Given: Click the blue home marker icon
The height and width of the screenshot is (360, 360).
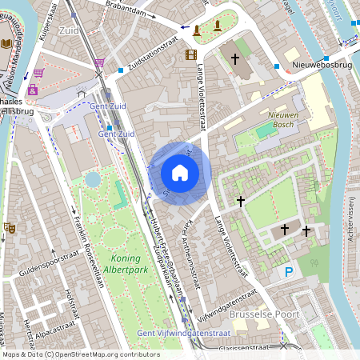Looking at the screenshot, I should pos(180,172).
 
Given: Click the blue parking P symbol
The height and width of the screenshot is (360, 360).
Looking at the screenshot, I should pos(289,273).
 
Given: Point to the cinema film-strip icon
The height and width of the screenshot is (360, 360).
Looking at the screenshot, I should pos(190,54).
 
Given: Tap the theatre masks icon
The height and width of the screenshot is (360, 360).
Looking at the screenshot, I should pos(11,227).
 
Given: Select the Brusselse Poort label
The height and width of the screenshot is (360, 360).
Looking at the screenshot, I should pos(263,315).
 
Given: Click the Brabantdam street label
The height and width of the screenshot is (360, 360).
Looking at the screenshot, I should pos(130,10).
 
